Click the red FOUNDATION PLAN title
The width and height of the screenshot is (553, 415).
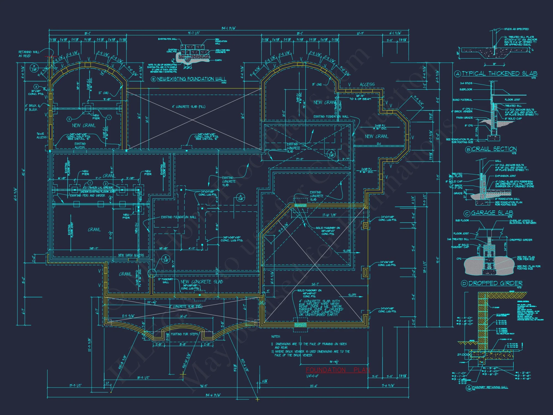tap(338, 370)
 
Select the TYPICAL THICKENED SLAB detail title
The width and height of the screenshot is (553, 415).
tap(499, 73)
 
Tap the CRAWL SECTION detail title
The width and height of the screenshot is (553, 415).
tap(494, 149)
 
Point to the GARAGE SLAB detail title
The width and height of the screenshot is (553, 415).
tap(492, 213)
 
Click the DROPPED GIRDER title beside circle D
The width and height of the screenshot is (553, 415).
tap(495, 283)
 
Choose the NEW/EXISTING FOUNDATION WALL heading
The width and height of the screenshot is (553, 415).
tap(191, 79)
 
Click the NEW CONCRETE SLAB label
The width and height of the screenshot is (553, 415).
tap(202, 282)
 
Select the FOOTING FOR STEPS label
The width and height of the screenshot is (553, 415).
tap(184, 334)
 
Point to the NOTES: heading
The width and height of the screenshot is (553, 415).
tap(276, 336)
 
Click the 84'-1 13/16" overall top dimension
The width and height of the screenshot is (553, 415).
tap(229, 28)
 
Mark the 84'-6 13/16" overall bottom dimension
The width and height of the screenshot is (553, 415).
tap(213, 395)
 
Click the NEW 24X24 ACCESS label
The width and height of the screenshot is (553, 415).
tap(131, 255)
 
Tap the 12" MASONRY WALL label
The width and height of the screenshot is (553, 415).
tap(166, 281)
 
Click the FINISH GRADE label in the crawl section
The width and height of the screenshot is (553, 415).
tap(464, 118)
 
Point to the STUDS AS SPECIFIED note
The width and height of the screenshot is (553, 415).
tap(516, 29)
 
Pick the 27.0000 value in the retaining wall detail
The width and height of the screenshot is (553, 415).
tap(465, 354)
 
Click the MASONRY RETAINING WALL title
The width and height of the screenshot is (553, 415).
tap(490, 387)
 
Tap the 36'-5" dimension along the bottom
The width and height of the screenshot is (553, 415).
tap(203, 386)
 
